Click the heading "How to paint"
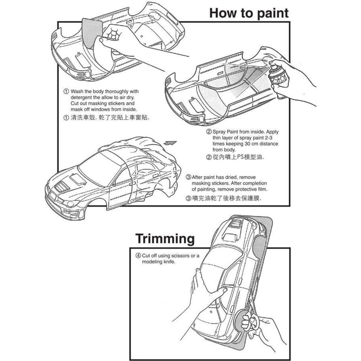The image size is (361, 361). pyautogui.click(x=248, y=13)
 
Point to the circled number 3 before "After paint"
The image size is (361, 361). pyautogui.click(x=188, y=177)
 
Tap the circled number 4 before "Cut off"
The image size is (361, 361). pyautogui.click(x=138, y=256)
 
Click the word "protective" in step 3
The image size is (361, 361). pyautogui.click(x=243, y=189)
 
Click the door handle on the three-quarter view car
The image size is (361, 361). pyautogui.click(x=133, y=183)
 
